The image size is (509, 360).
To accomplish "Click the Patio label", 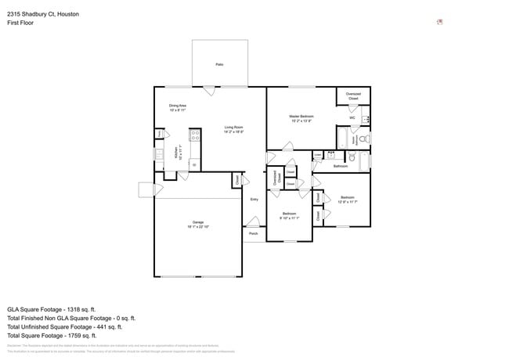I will pyautogui.click(x=219, y=64).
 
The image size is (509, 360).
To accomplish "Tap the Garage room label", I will pyautogui.click(x=198, y=223).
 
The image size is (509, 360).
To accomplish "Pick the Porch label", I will pyautogui.click(x=253, y=233).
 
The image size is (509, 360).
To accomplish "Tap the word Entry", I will pyautogui.click(x=254, y=200).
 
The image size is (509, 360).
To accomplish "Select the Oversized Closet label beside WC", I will pyautogui.click(x=353, y=96).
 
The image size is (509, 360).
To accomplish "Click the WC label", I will pyautogui.click(x=352, y=118).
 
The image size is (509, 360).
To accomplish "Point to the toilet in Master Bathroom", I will pyautogui.click(x=365, y=139).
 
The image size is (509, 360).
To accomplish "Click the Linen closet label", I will pyautogui.click(x=317, y=156).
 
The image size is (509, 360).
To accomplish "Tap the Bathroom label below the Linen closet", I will pyautogui.click(x=340, y=166).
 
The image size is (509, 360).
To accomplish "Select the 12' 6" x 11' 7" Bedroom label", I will pyautogui.click(x=347, y=199).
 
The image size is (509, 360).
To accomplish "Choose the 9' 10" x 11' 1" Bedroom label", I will pyautogui.click(x=290, y=215).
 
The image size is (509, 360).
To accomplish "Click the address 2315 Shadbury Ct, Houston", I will pyautogui.click(x=43, y=14).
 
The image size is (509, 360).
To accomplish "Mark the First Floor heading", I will pyautogui.click(x=20, y=23).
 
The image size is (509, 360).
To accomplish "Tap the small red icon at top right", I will pyautogui.click(x=440, y=22).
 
